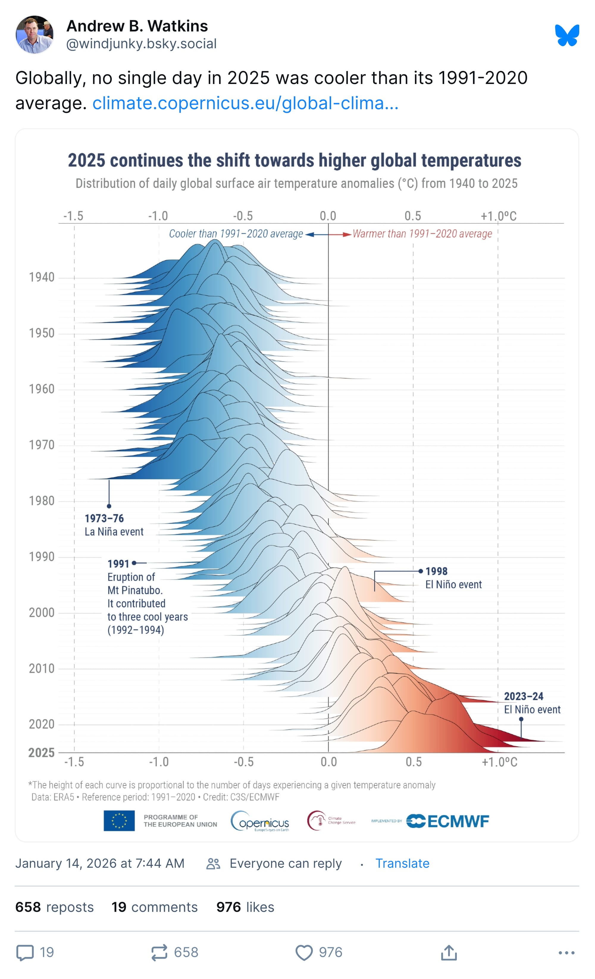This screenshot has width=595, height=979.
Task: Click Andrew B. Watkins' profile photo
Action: [35, 35]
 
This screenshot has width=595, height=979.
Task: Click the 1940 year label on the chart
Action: [41, 277]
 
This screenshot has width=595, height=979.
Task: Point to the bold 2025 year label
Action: [41, 753]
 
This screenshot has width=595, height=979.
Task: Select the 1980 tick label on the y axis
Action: [41, 501]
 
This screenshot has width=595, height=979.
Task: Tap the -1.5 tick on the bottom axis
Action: [74, 762]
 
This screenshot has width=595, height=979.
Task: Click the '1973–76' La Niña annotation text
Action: [104, 518]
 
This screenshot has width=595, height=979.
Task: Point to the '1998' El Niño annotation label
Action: [436, 571]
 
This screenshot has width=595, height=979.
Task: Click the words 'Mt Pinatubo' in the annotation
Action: [135, 590]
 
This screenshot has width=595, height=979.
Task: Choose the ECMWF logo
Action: [448, 821]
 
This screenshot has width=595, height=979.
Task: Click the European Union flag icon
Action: [119, 821]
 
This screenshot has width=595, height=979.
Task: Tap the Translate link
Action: [402, 863]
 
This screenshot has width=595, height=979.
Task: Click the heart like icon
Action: [304, 952]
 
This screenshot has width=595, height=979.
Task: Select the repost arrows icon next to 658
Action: [159, 952]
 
